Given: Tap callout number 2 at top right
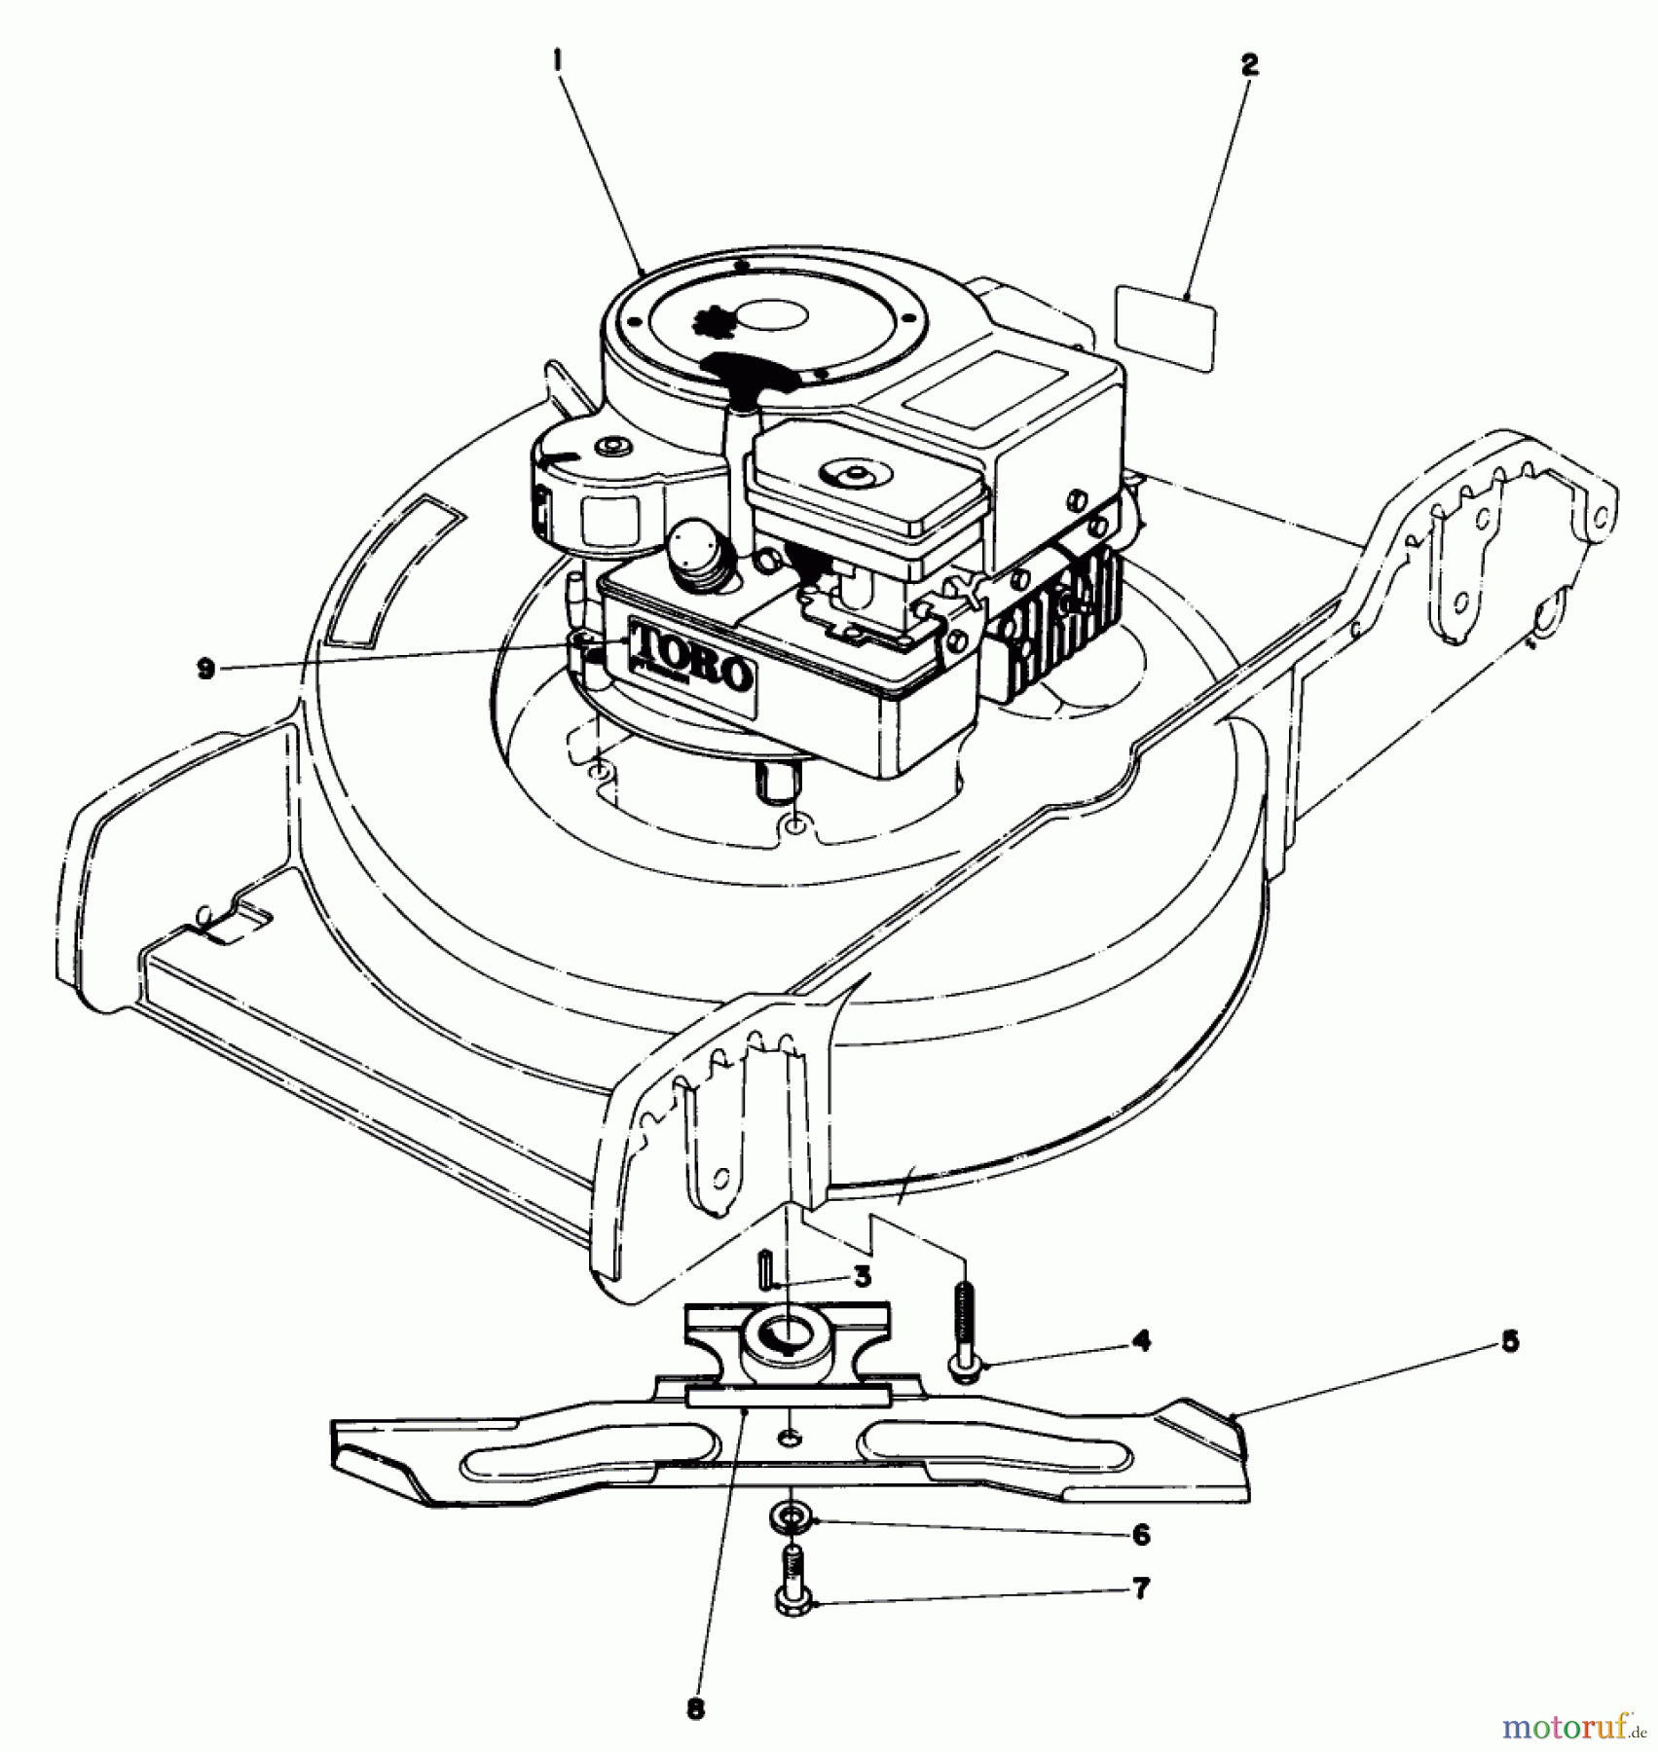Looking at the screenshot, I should coord(1250,65).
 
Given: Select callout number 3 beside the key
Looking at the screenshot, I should coord(862,1276).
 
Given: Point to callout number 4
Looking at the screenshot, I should coord(1142,1341).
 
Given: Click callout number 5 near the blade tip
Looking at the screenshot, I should coord(1510,1341).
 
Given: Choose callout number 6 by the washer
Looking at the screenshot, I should coord(1142,1535).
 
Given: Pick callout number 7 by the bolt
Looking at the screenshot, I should coord(1142,1589).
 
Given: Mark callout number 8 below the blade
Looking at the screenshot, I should coord(694,1707).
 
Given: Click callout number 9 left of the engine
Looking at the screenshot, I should coord(205,671).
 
